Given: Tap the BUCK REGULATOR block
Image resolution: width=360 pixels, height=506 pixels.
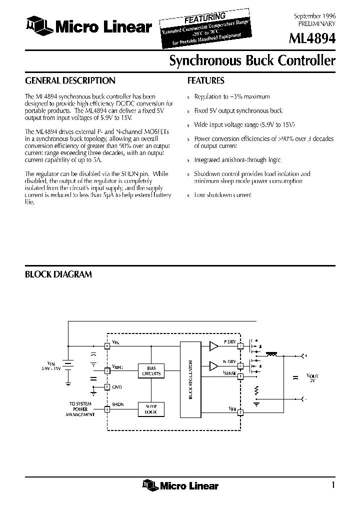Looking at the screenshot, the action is (x=189, y=380).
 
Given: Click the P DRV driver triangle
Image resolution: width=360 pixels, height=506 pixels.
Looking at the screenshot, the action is (x=214, y=345).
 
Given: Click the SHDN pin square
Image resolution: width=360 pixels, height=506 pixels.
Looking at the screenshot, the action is (x=106, y=409).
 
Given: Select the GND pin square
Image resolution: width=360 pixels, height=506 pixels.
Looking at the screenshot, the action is (x=106, y=387).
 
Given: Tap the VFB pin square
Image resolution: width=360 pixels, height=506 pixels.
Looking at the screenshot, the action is (x=240, y=412).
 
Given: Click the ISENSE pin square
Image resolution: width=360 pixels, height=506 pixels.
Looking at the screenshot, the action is (x=240, y=374).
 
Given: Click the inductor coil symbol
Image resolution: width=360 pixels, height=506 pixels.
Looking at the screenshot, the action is (x=272, y=354).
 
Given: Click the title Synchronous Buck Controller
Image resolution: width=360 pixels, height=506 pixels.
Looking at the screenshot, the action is (x=252, y=61).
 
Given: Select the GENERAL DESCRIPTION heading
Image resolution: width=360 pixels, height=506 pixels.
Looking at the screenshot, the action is (x=70, y=80).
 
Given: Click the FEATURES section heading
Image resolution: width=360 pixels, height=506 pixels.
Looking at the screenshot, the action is (x=205, y=80).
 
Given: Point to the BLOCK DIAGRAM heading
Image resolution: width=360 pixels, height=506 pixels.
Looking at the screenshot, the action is (x=58, y=274).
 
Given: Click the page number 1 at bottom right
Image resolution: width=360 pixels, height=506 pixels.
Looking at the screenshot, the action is (x=333, y=484).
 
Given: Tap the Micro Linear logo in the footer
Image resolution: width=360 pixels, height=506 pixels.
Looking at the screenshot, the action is (x=180, y=484).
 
